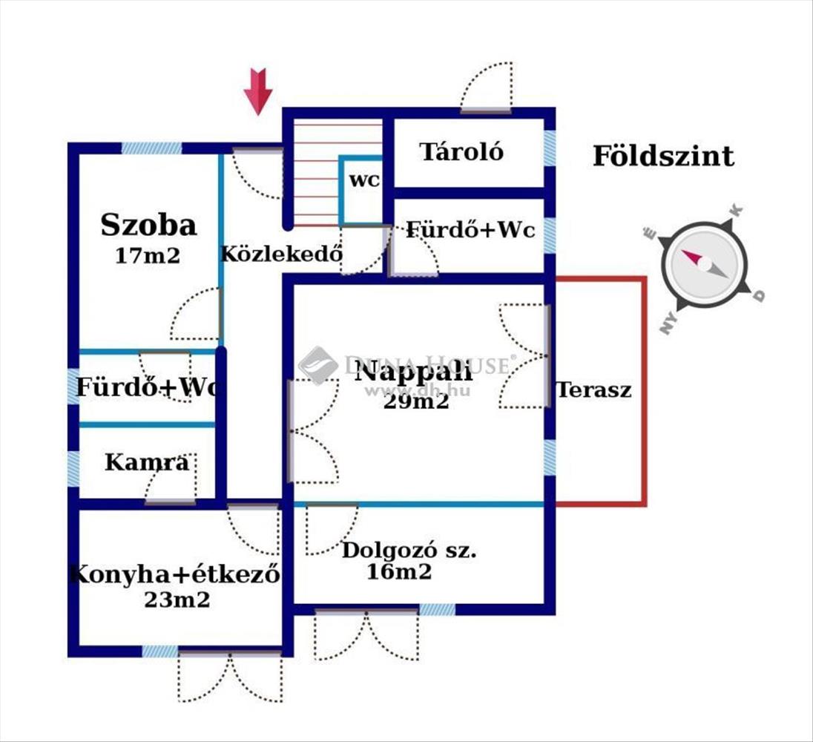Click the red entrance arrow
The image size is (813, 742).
[x=258, y=91]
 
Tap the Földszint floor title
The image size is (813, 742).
[x=663, y=156]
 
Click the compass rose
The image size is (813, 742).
[x=704, y=264]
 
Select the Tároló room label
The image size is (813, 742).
[x=461, y=152]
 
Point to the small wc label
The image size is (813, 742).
[x=364, y=180]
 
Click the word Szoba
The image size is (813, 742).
[x=149, y=225]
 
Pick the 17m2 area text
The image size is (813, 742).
[x=148, y=256]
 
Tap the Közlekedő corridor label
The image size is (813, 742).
[x=282, y=253]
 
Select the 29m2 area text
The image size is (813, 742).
[x=416, y=401]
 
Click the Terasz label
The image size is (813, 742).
[x=594, y=390]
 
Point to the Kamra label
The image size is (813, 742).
[x=148, y=462]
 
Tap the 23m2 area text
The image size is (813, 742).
[x=177, y=600]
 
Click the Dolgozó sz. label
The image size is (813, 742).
[x=409, y=550]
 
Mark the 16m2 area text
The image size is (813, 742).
[x=399, y=572]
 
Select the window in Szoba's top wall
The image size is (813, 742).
[x=152, y=148]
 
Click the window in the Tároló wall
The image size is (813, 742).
[x=550, y=148]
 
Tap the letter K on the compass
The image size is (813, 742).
[x=737, y=211]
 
